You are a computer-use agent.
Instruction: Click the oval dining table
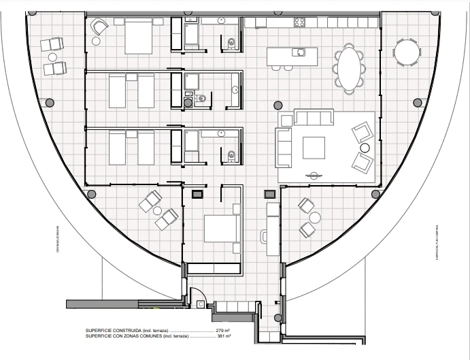pyautogui.click(x=349, y=68)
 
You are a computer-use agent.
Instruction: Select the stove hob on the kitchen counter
pyautogui.click(x=299, y=22)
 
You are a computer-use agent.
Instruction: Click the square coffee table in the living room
pyautogui.click(x=314, y=147)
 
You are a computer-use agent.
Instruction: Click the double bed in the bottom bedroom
pyautogui.click(x=221, y=229)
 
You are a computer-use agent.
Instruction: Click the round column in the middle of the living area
pyautogui.click(x=278, y=105)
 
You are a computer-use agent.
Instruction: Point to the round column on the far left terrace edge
pyautogui.click(x=49, y=102)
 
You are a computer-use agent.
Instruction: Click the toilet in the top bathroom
pyautogui.click(x=231, y=44)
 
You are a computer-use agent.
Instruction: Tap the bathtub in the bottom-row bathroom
pyautogui.click(x=192, y=146)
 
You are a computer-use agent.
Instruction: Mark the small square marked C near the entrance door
pyautogui.click(x=197, y=194)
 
